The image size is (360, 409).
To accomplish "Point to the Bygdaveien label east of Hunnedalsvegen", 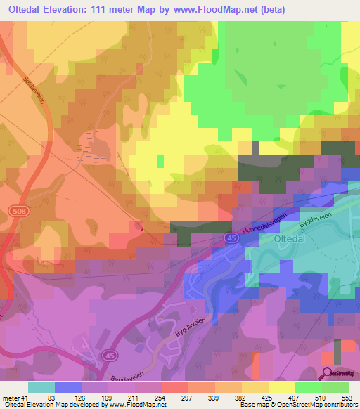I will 313,211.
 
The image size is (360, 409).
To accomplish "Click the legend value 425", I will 269,398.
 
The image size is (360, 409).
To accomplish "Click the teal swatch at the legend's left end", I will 41,387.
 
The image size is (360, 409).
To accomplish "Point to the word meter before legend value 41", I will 12,398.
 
